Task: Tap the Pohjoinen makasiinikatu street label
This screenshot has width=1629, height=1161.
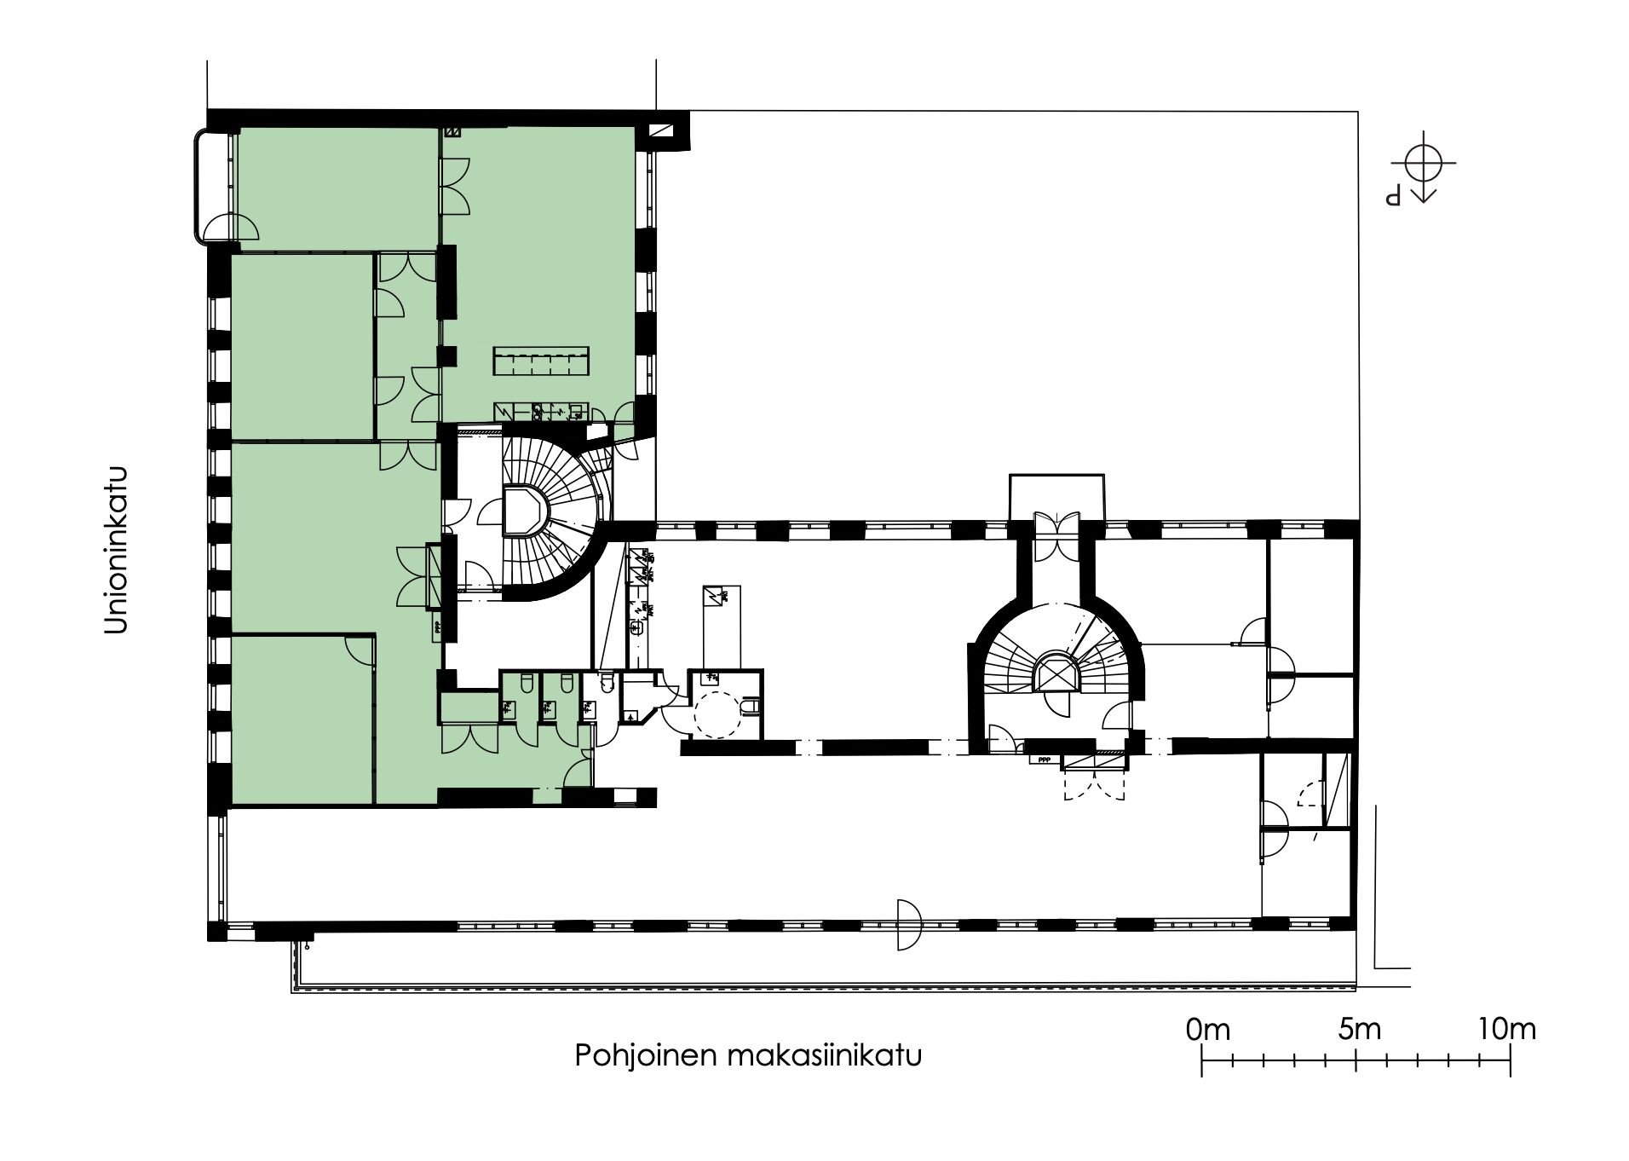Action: click(748, 1056)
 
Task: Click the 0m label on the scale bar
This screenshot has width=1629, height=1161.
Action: click(1207, 1029)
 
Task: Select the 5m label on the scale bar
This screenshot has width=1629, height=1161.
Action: click(1358, 1029)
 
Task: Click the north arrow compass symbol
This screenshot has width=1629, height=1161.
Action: click(1423, 165)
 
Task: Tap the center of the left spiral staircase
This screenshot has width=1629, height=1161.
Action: click(524, 511)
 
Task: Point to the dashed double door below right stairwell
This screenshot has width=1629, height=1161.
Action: click(1094, 783)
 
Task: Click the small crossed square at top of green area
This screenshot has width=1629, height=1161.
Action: click(453, 133)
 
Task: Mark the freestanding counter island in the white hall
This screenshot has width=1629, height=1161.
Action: click(720, 626)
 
